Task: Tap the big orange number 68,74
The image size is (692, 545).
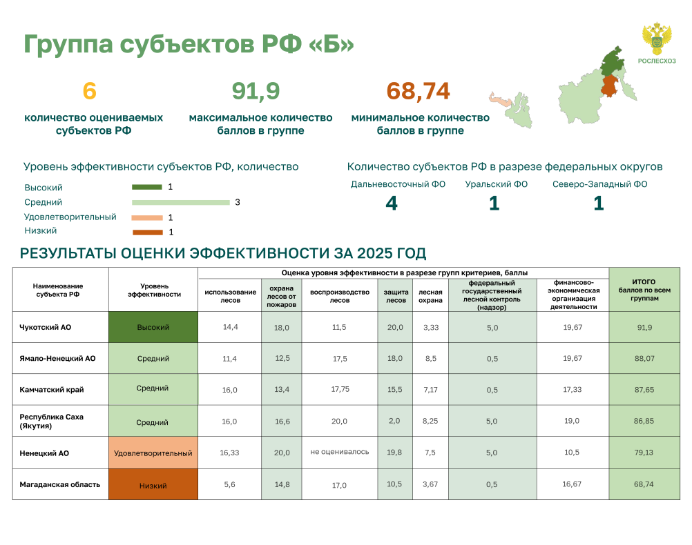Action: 418,91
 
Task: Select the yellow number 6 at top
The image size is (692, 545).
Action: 90,91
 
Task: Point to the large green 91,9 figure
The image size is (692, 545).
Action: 256,91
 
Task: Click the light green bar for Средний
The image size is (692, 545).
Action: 181,202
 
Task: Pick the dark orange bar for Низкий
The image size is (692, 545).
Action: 148,232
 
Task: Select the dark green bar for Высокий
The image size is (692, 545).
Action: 147,187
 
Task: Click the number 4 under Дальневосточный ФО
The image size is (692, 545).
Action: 392,204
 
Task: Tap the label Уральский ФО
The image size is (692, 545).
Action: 496,184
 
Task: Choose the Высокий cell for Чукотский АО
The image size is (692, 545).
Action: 153,327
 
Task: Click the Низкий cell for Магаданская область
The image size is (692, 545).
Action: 153,484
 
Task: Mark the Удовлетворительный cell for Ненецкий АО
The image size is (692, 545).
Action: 153,453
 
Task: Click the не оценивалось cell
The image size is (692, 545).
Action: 339,452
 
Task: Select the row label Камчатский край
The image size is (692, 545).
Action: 52,390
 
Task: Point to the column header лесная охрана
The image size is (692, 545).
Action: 430,296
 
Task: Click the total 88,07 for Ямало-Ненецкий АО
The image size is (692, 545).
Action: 644,359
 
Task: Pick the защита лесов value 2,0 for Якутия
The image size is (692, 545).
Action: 394,421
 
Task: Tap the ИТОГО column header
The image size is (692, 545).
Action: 644,290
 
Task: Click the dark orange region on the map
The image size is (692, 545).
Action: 609,86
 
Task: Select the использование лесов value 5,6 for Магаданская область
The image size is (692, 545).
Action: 229,484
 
